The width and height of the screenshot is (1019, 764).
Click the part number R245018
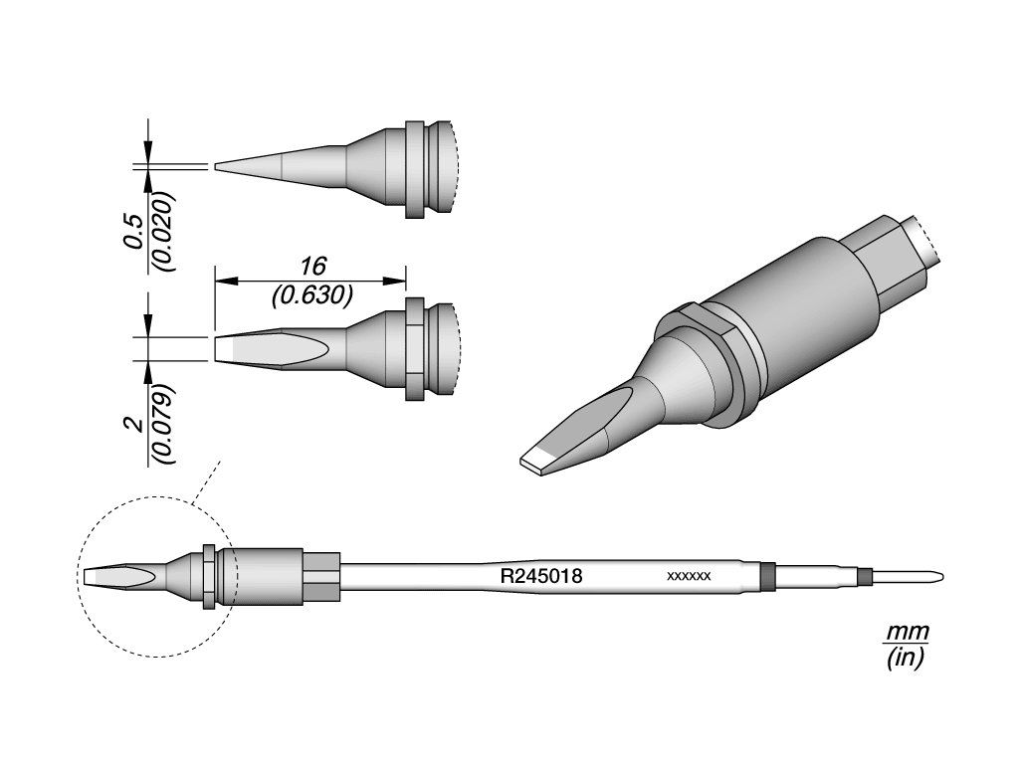coord(540,576)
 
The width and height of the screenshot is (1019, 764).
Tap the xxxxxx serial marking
coord(689,576)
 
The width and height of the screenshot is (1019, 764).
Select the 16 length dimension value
coord(311,267)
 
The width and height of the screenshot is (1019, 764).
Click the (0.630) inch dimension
coord(311,295)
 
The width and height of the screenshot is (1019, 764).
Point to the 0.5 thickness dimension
coord(134,231)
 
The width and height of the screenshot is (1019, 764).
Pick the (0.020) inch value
coord(162,231)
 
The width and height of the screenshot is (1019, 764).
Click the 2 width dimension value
coord(135,425)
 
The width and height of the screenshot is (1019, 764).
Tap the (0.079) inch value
coord(162,425)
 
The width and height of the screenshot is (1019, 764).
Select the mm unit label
coord(908,631)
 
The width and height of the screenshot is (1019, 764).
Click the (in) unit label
coord(906,659)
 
